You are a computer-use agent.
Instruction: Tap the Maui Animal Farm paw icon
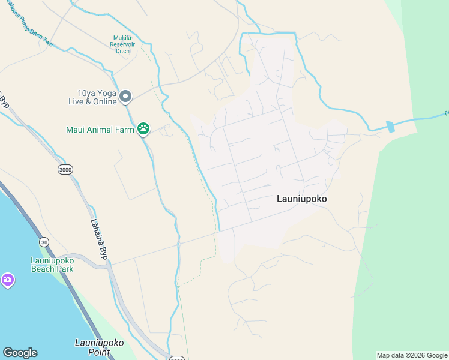pos(143,128)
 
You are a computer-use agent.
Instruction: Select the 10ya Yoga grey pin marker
pos(125,96)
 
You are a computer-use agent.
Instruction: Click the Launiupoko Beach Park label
pos(52,265)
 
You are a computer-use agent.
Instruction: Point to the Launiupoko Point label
pos(99,347)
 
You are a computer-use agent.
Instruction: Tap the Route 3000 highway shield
pos(65,170)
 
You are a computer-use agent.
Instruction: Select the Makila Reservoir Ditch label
pos(123,44)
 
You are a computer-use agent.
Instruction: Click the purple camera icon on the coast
pos(7,280)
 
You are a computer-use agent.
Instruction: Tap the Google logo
pos(20,353)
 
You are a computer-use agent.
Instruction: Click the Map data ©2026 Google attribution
pos(412,355)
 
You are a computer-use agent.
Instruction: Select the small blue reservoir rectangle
pos(391,127)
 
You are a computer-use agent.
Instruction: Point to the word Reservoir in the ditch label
pos(123,44)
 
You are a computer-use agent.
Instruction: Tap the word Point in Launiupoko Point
pos(99,352)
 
